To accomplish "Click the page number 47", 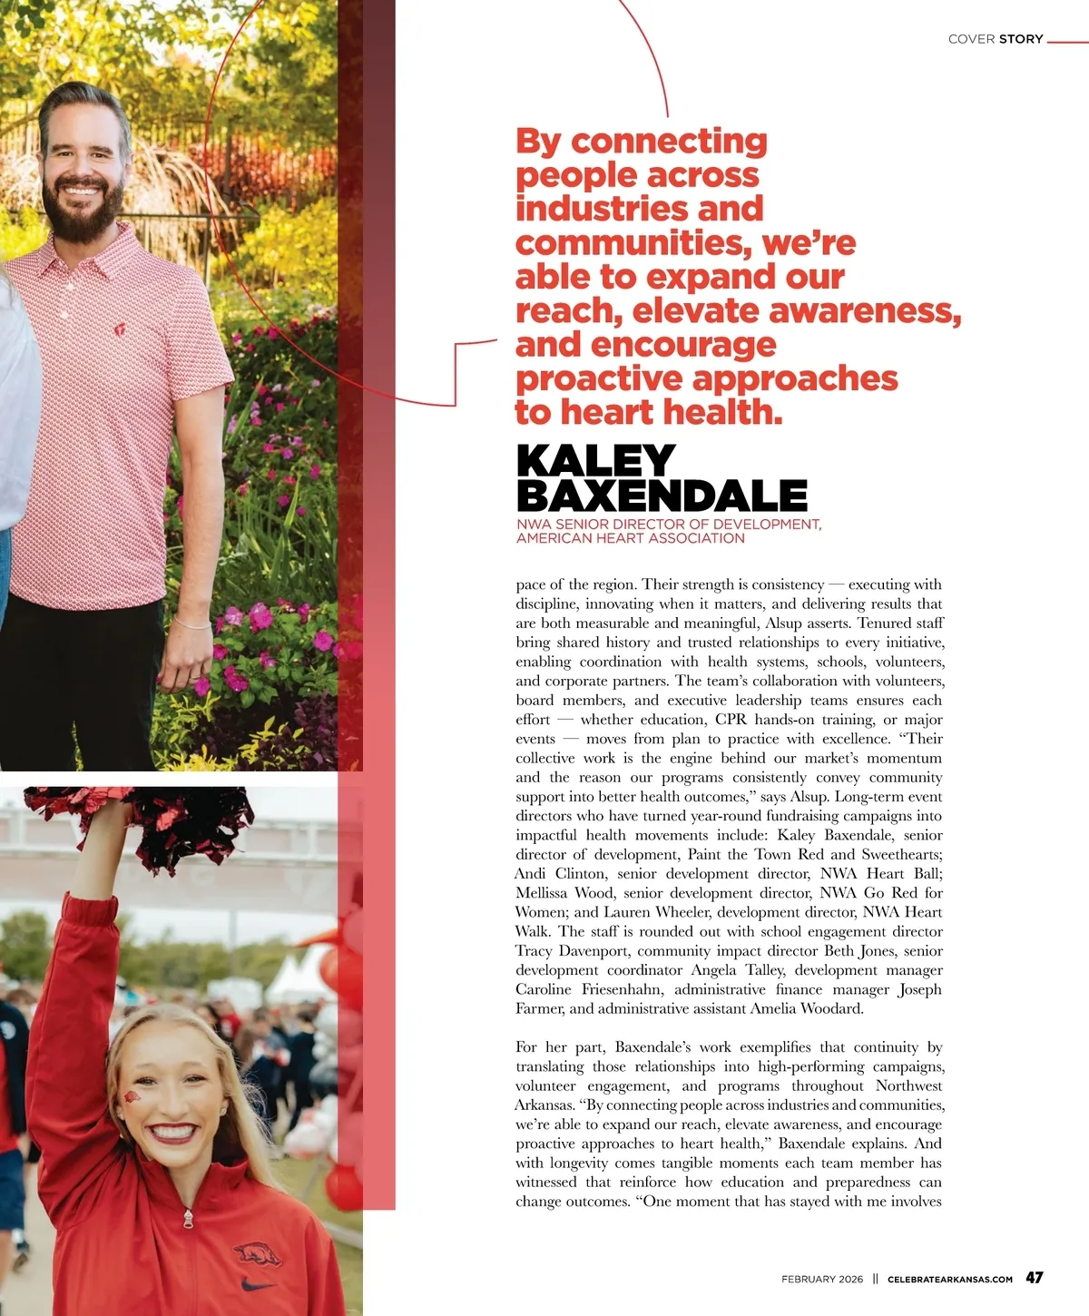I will [1034, 1277].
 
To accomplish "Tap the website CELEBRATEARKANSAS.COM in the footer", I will [950, 1279].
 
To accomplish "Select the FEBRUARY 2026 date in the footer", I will [822, 1279].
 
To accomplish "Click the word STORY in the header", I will [1021, 39].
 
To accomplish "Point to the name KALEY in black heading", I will [595, 461].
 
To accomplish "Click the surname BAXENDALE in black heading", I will [662, 496].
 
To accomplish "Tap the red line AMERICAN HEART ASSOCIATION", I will [630, 538].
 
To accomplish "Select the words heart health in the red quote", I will [672, 412].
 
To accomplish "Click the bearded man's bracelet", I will [192, 624].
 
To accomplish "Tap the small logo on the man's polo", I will [120, 329].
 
